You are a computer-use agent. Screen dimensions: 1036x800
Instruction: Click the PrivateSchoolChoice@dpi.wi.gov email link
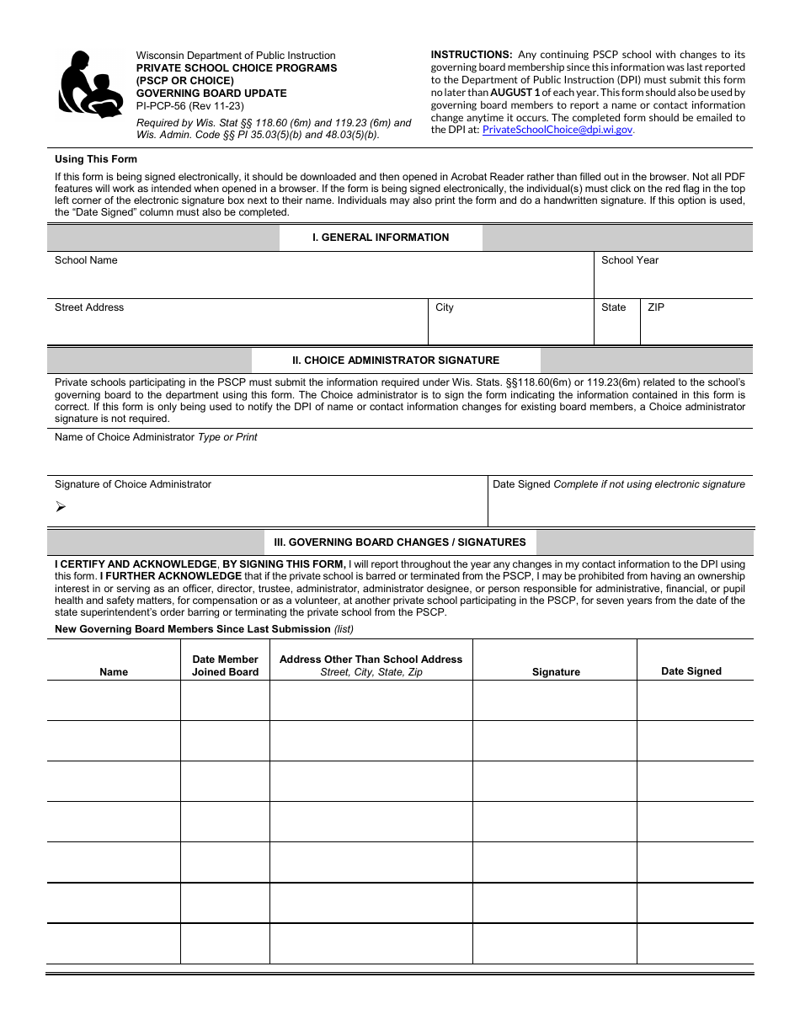[557, 130]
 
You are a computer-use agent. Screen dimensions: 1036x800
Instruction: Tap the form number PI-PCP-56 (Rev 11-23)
[190, 106]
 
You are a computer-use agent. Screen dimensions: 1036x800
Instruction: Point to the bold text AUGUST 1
[515, 93]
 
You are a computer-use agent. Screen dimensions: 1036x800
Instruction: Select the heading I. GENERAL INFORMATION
[381, 238]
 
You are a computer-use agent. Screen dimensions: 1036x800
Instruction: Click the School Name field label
[86, 260]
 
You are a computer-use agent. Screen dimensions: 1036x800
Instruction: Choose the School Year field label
[630, 260]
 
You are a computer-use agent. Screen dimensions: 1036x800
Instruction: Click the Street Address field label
[89, 307]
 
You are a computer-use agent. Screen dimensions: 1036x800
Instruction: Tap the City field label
[445, 307]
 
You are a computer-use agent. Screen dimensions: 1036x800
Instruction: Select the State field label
[613, 307]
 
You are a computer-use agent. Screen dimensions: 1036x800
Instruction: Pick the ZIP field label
[656, 307]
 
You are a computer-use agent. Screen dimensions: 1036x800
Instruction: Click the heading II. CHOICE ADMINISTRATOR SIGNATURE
[396, 360]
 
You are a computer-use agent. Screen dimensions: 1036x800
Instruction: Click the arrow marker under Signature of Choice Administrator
[60, 506]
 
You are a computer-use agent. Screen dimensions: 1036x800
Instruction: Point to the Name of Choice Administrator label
[125, 437]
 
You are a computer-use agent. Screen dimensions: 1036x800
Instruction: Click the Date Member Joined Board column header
[225, 665]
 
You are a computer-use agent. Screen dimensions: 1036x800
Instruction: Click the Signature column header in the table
[556, 672]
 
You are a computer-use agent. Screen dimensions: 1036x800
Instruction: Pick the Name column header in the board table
[114, 672]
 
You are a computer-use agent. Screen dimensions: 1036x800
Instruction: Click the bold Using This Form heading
[96, 159]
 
